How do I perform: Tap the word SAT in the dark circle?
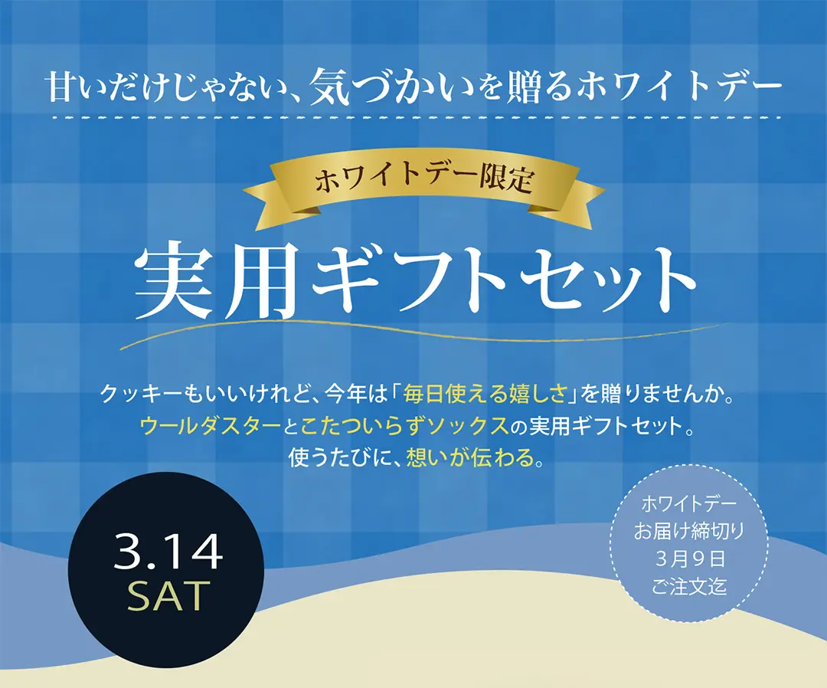tap(168, 595)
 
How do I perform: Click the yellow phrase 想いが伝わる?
tap(473, 457)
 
